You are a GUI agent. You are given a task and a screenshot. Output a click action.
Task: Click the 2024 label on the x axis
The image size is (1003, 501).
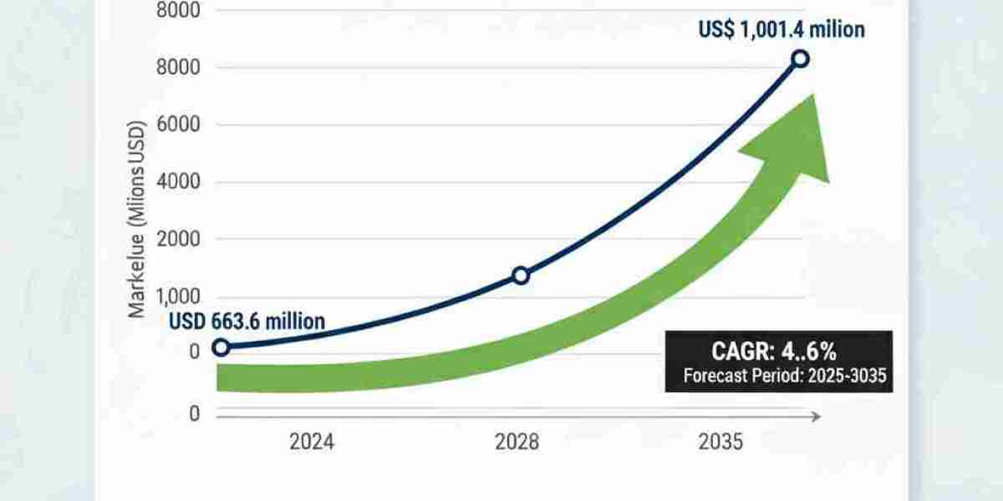point(311,443)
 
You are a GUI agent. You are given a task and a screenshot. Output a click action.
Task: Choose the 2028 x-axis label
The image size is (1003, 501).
point(518,443)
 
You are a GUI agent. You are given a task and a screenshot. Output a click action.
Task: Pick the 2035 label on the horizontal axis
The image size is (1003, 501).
point(719,443)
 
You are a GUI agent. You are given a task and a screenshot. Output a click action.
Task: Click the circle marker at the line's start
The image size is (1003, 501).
point(221,347)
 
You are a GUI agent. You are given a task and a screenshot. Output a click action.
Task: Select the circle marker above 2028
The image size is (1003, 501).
point(520,276)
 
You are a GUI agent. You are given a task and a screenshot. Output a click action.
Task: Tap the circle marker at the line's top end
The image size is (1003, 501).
point(800,58)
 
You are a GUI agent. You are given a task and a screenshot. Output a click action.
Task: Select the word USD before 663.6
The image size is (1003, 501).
point(188,321)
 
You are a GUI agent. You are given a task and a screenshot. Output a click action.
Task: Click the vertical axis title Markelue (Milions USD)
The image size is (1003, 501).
point(137,219)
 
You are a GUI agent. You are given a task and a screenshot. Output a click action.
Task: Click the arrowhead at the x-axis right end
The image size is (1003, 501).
point(817,415)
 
